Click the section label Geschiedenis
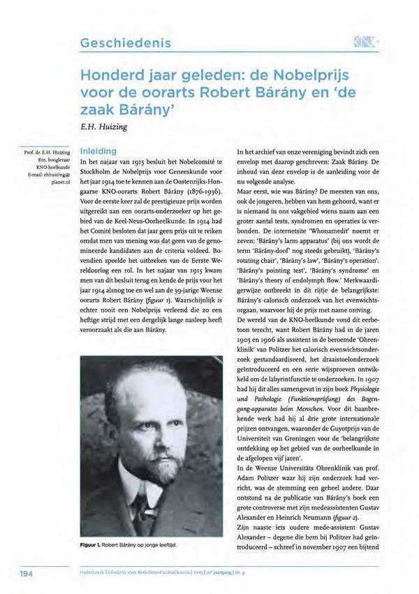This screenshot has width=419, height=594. [x=126, y=43]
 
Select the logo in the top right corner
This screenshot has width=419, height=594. [x=366, y=42]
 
